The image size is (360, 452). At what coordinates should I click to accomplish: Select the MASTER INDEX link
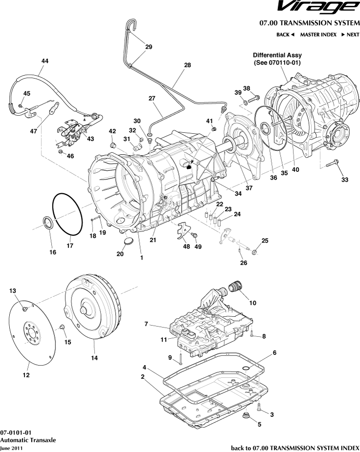pyautogui.click(x=318, y=35)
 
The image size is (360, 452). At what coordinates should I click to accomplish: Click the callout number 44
pyautogui.click(x=44, y=61)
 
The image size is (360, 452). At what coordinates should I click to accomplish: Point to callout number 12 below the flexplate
pyautogui.click(x=26, y=375)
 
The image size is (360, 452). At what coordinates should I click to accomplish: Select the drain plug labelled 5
pyautogui.click(x=246, y=416)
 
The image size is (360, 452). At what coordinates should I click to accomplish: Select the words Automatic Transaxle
pyautogui.click(x=28, y=440)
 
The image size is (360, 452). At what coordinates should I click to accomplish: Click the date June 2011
pyautogui.click(x=11, y=448)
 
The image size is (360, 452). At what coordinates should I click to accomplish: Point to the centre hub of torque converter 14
pyautogui.click(x=84, y=309)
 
